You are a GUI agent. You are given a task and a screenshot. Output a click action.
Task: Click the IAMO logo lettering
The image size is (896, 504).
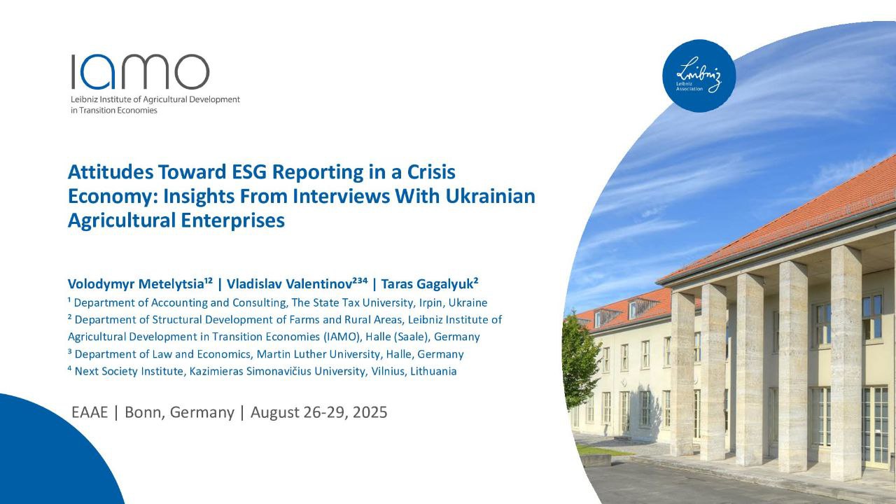(141, 71)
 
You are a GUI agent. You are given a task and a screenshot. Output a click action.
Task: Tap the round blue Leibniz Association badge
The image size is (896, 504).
(699, 76)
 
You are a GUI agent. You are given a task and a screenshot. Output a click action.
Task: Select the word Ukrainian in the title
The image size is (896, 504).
(491, 197)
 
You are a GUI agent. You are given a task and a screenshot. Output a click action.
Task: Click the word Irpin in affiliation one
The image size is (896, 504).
(430, 303)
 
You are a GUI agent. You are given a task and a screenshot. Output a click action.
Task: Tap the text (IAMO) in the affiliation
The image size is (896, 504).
(342, 337)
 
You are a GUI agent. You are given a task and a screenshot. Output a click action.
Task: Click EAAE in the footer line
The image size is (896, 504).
(90, 412)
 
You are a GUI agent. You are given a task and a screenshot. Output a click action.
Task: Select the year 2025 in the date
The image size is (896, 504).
(370, 412)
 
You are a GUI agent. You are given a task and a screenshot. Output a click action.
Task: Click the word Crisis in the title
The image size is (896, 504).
(431, 172)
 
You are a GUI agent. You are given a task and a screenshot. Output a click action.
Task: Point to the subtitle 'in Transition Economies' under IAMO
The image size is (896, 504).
(114, 111)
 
